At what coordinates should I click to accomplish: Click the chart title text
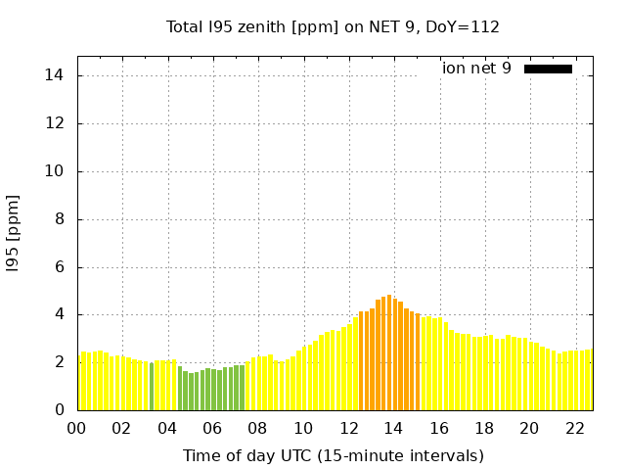(333, 26)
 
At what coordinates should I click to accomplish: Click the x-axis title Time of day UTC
(333, 455)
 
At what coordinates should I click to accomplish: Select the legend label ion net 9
(476, 69)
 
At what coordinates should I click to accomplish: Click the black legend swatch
(548, 69)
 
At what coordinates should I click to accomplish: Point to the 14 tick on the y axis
(56, 75)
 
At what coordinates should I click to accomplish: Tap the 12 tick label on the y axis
(56, 123)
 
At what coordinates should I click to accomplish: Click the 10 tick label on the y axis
(56, 171)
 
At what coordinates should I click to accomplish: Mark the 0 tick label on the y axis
(60, 410)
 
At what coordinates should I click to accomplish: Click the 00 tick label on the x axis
(76, 428)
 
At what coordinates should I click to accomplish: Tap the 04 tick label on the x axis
(167, 428)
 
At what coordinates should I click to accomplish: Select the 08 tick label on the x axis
(258, 428)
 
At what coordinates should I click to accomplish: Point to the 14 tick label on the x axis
(394, 428)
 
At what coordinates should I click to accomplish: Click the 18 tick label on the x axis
(485, 428)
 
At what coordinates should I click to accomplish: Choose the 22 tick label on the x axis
(576, 428)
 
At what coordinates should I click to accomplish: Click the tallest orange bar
(389, 352)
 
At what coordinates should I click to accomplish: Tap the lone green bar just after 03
(152, 387)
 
